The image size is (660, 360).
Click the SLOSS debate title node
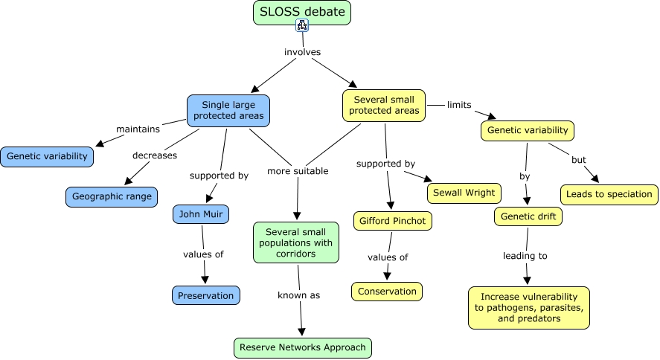coord(301,13)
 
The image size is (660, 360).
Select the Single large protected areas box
coord(228,111)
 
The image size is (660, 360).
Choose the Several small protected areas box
coord(383,105)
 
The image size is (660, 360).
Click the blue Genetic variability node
coord(48,156)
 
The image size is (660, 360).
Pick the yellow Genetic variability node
coord(528,130)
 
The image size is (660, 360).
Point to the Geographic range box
coord(112,197)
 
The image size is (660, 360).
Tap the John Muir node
coord(201,215)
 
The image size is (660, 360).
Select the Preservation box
coord(206,295)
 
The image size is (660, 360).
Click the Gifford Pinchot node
coord(392,221)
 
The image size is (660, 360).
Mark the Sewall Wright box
coord(465,193)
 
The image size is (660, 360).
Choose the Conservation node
coord(387,292)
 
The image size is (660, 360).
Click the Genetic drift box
coord(528,216)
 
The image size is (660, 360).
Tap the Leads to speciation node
coord(609,195)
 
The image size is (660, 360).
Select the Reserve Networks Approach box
coord(302,347)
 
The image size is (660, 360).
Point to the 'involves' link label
coord(302,52)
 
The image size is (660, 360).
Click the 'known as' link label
coord(299,295)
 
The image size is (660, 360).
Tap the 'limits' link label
coord(459,105)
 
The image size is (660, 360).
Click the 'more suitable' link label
coord(298,171)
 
